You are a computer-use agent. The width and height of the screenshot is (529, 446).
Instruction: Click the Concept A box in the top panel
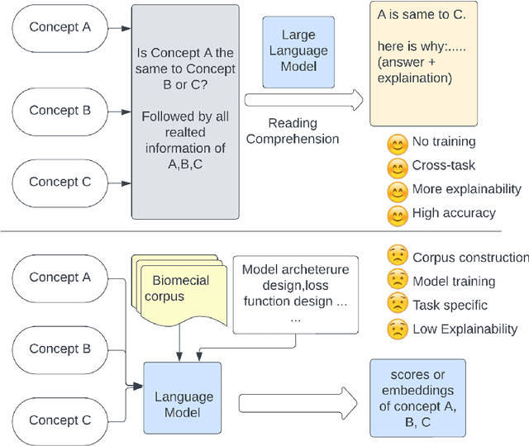[60, 26]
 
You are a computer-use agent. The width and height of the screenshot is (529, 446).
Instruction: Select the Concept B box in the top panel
[60, 110]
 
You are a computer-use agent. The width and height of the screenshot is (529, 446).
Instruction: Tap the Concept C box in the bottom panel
[60, 420]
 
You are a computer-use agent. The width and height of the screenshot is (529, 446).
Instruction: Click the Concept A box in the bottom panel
[60, 278]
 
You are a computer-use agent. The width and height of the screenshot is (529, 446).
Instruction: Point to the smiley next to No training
[398, 143]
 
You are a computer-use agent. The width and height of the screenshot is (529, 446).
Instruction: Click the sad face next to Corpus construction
[398, 258]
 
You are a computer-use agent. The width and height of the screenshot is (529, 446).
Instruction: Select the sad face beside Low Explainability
[398, 329]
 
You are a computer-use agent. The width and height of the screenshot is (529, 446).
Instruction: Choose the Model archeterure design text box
[295, 292]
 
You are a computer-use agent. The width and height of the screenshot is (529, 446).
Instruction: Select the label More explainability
[467, 189]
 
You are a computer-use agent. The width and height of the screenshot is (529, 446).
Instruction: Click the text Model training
[454, 282]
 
